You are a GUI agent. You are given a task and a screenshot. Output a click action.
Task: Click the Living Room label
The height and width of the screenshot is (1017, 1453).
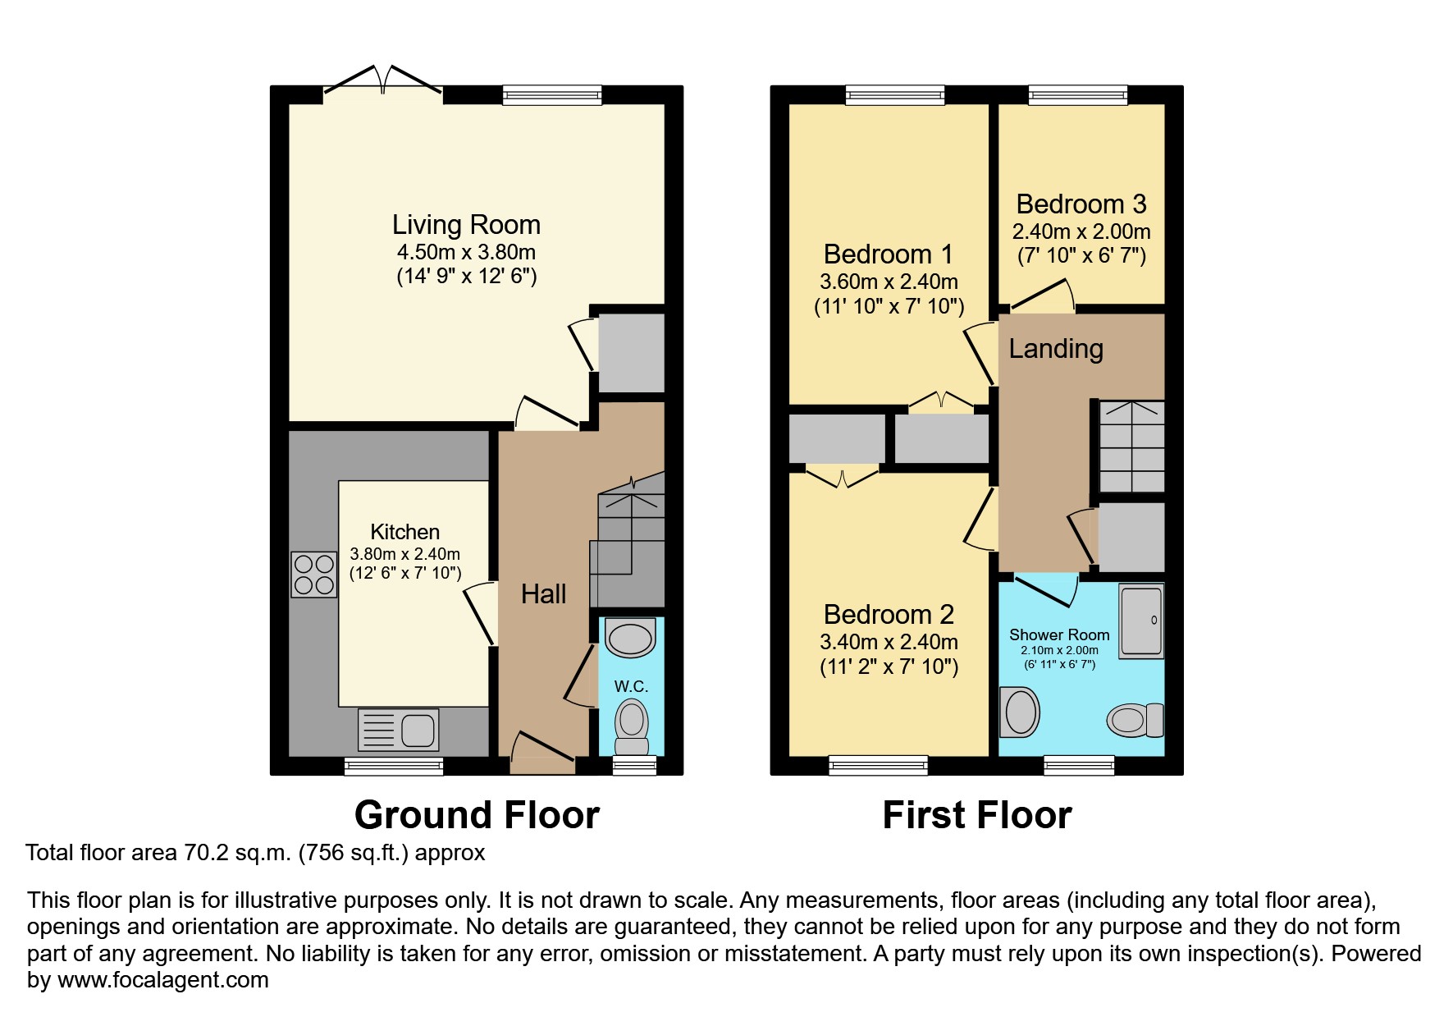pyautogui.click(x=466, y=225)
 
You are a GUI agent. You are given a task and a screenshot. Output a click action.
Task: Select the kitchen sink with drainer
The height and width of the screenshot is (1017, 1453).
pyautogui.click(x=399, y=730)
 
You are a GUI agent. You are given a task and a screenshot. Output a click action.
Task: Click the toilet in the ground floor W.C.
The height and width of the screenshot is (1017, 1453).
pyautogui.click(x=631, y=726)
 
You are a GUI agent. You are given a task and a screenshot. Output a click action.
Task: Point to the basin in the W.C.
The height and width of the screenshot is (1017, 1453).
pyautogui.click(x=630, y=639)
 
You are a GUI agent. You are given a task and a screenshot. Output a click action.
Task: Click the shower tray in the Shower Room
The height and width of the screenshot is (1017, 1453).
pyautogui.click(x=1141, y=620)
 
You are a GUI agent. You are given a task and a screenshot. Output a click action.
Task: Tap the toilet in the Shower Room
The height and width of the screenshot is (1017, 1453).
pyautogui.click(x=1135, y=721)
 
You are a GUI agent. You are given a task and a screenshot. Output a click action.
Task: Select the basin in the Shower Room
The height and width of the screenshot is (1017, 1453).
pyautogui.click(x=1020, y=712)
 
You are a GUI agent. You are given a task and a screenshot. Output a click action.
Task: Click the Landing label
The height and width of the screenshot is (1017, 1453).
pyautogui.click(x=1055, y=349)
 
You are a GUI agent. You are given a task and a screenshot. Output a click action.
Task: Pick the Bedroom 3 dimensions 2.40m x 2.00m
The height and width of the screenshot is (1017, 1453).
pyautogui.click(x=1081, y=231)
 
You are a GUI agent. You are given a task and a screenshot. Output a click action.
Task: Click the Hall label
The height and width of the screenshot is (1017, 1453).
pyautogui.click(x=543, y=594)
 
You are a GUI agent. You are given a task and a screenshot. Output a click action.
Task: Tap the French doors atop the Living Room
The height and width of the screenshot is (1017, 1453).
pyautogui.click(x=383, y=83)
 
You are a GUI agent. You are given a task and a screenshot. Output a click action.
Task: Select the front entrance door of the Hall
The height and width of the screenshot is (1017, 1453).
pyautogui.click(x=542, y=751)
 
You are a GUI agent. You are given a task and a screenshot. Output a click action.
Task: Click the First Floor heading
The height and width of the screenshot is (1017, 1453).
pyautogui.click(x=976, y=815)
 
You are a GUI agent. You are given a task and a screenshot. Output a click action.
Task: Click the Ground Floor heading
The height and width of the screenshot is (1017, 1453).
pyautogui.click(x=477, y=815)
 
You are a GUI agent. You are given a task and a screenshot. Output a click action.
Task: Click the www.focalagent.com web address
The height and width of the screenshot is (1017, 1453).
pyautogui.click(x=162, y=980)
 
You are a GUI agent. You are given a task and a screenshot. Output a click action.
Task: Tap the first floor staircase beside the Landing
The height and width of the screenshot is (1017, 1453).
pyautogui.click(x=1131, y=447)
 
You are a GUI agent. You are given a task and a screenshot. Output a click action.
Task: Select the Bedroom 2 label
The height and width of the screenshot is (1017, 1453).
pyautogui.click(x=889, y=615)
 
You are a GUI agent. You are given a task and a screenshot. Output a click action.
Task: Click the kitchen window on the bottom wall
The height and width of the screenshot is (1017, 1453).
pyautogui.click(x=394, y=767)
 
